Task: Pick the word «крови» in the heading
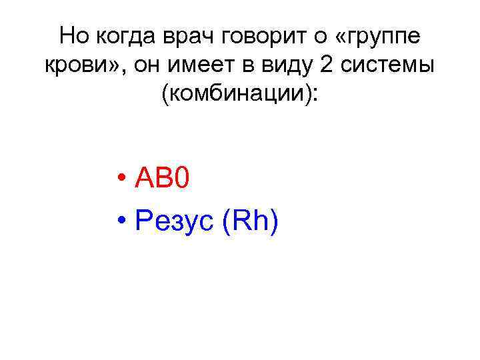pyautogui.click(x=75, y=66)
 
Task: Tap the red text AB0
pyautogui.click(x=163, y=179)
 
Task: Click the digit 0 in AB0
pyautogui.click(x=183, y=179)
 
